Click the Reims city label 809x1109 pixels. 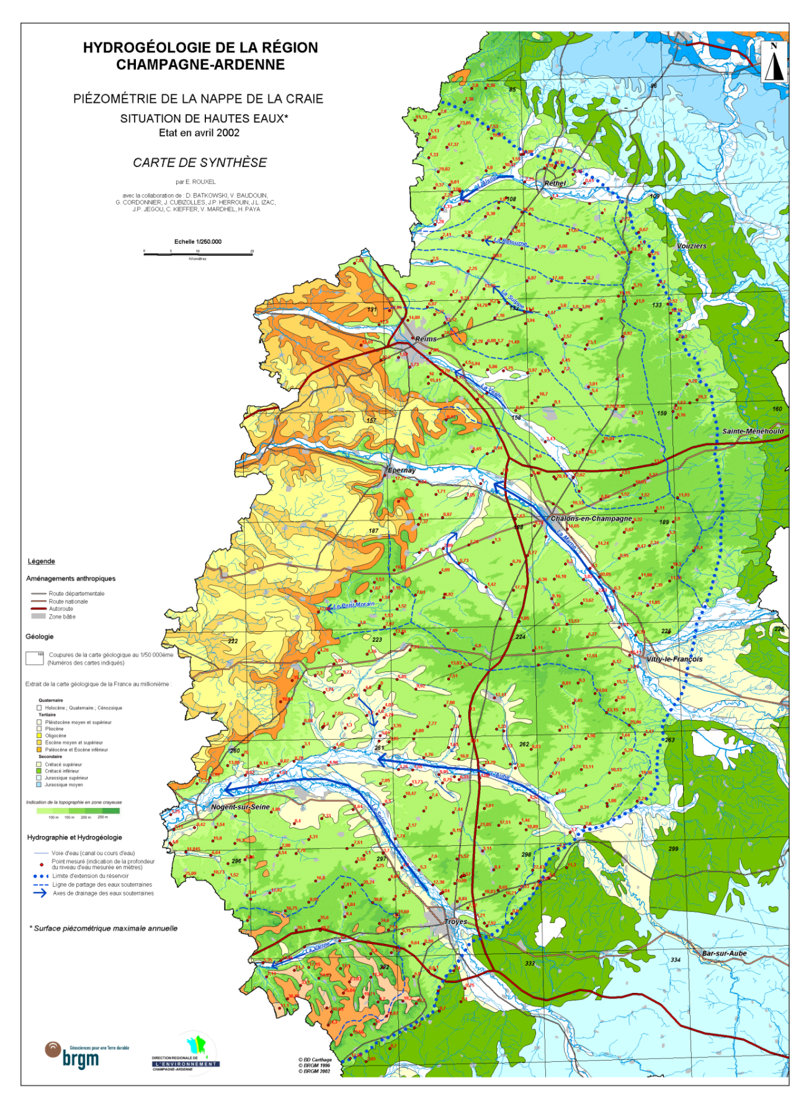point(426,339)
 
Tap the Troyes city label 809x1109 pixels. point(455,922)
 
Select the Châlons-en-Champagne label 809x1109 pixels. point(591,518)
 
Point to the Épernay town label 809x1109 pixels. point(401,470)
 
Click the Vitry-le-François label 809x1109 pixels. point(674,659)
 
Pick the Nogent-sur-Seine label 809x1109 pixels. point(240,807)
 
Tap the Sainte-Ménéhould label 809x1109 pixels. point(753,431)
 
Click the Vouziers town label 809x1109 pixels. point(691,246)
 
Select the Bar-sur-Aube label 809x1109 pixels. point(724,953)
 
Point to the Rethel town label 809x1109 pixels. point(555,184)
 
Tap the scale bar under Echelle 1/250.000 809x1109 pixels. point(198,253)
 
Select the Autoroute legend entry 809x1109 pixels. point(61,609)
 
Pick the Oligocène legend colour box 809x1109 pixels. point(40,735)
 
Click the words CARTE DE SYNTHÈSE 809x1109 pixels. point(200,163)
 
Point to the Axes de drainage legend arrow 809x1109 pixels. point(40,893)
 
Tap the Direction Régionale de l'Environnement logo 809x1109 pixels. point(186,1055)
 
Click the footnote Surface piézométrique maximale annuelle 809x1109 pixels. point(104,928)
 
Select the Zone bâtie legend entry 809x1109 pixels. point(62,616)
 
